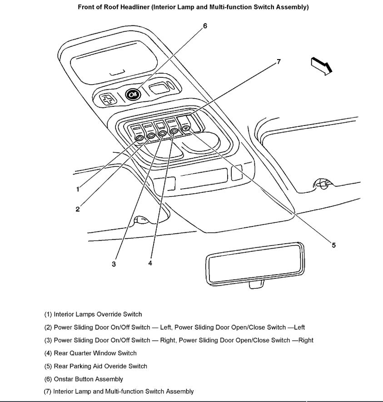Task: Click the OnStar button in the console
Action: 133,94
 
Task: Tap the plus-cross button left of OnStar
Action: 107,100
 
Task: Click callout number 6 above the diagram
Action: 205,26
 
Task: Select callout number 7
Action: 279,61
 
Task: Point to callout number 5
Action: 333,245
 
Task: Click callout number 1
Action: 78,189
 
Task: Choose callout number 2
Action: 78,209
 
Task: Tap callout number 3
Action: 114,264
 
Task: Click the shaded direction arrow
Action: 322,65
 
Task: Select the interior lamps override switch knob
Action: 139,137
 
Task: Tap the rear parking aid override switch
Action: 186,128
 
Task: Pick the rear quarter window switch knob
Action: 174,131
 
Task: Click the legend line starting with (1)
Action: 93,314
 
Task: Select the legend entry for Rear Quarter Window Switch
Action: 90,353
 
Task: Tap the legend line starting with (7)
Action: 119,391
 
